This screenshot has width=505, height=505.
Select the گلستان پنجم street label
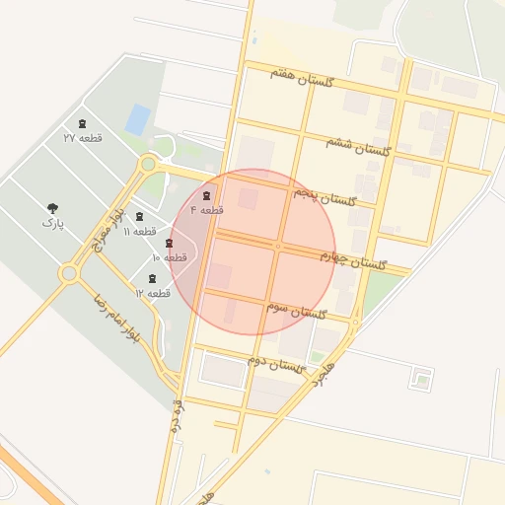coord(323,198)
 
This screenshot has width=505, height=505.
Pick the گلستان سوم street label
coord(296,313)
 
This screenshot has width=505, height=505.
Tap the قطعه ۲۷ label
coord(83,138)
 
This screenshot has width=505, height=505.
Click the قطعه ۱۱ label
coord(139,231)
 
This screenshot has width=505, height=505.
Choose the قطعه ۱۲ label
coord(153,293)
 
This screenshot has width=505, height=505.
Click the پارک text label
coord(52,224)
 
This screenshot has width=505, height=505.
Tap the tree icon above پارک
coord(52,208)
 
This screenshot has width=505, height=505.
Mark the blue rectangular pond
coord(138,120)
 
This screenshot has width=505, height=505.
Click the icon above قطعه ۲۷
coord(82,124)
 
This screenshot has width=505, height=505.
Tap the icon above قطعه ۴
coord(206,196)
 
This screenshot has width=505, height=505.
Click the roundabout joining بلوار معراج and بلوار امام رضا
coord(68,272)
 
